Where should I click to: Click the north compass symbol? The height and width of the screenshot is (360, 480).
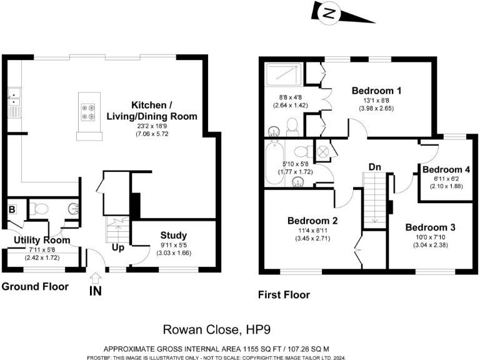tap(329, 12)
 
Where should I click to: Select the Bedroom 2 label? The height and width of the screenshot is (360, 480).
tap(312, 221)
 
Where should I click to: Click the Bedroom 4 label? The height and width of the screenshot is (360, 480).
tap(446, 169)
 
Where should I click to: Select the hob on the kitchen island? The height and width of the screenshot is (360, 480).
tap(88, 111)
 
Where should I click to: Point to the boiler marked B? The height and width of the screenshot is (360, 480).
tap(12, 210)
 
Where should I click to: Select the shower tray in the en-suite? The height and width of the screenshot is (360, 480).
tap(284, 76)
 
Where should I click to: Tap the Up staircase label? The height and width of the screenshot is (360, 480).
tap(118, 247)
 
